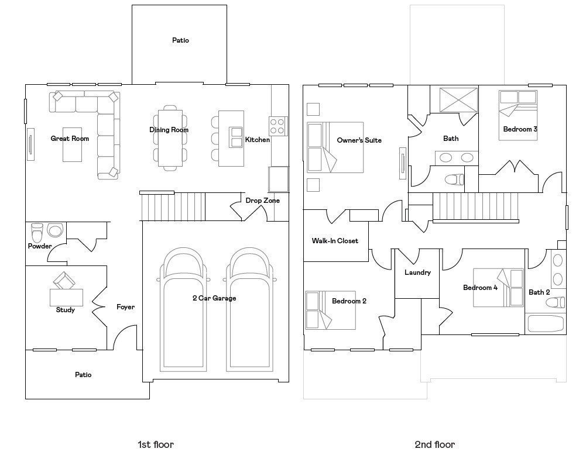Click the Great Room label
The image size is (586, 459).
click(x=70, y=139)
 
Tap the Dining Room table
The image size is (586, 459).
click(x=170, y=138)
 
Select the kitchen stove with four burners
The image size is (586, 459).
click(x=278, y=126)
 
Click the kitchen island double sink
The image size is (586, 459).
click(x=237, y=137)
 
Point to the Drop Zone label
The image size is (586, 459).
click(x=262, y=201)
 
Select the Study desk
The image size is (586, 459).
click(x=67, y=298)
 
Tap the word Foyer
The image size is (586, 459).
click(x=125, y=307)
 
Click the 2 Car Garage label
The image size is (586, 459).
click(x=214, y=298)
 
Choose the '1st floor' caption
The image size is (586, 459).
click(x=156, y=444)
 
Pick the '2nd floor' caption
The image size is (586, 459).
click(x=434, y=444)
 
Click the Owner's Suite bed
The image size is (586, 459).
click(x=335, y=147)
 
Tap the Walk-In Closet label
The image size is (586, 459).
click(x=335, y=241)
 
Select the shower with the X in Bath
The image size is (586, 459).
click(x=458, y=99)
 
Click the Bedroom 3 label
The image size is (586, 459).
click(x=520, y=129)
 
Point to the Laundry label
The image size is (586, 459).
click(x=417, y=272)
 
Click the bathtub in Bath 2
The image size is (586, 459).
click(x=545, y=323)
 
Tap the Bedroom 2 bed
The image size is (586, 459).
click(x=330, y=310)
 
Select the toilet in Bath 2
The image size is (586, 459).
click(x=556, y=302)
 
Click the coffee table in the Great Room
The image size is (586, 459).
click(x=72, y=144)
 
